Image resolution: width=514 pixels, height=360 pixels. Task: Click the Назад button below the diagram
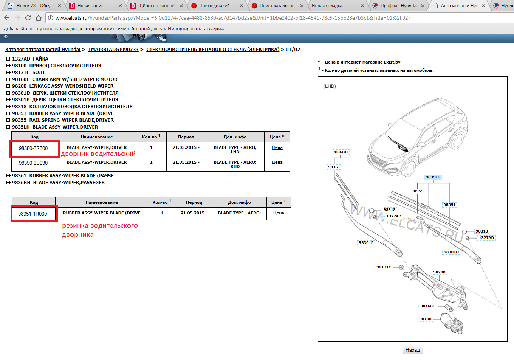click(412, 350)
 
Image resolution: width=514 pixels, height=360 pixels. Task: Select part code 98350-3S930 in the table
click(33, 163)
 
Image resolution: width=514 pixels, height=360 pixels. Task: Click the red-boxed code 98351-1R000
click(33, 214)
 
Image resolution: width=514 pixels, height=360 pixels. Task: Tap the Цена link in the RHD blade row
click(277, 162)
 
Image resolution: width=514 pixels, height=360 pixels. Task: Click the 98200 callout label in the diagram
click(439, 272)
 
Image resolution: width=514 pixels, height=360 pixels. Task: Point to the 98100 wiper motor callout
click(425, 319)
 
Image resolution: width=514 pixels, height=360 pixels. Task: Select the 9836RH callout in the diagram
click(340, 152)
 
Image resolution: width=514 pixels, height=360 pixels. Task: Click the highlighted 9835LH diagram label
click(433, 177)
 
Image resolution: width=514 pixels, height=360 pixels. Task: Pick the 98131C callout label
click(384, 267)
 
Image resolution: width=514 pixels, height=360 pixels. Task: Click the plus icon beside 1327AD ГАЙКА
click(8, 59)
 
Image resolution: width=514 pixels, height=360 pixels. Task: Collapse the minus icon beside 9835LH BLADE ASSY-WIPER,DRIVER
click(8, 127)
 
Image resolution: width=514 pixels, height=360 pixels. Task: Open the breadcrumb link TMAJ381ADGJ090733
click(113, 50)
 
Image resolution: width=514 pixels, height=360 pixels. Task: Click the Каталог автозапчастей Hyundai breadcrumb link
click(43, 50)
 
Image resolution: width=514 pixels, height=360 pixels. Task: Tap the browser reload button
click(28, 18)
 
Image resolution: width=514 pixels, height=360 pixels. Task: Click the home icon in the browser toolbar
click(39, 18)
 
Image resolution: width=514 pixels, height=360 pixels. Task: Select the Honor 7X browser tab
click(34, 6)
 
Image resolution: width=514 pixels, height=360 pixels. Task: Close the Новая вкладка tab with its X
click(362, 6)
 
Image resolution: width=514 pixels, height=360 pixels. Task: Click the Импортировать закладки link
click(196, 29)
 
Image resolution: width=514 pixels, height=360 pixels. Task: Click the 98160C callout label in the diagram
click(427, 306)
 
